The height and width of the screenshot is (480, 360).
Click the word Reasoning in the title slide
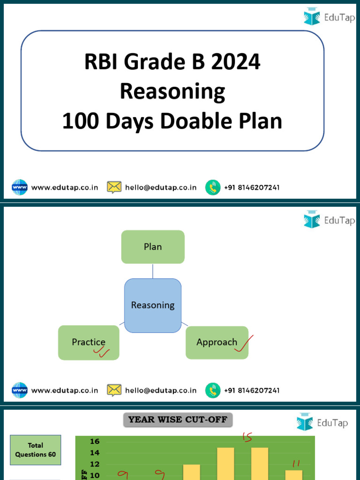[172, 91]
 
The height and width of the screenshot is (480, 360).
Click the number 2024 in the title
[235, 62]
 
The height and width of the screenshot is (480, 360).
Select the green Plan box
[153, 247]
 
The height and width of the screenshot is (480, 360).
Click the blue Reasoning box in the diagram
[153, 305]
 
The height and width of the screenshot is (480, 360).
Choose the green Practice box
[89, 342]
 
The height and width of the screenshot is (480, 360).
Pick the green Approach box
[217, 342]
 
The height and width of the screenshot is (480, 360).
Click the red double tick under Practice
[104, 352]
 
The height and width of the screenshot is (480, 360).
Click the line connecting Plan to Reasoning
[153, 271]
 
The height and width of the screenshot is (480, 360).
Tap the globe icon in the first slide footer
[20, 187]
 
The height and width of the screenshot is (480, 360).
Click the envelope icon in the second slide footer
[114, 390]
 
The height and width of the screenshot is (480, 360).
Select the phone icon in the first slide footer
[212, 187]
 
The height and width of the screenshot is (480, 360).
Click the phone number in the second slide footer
[252, 390]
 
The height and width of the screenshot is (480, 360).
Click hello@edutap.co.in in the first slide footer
[161, 187]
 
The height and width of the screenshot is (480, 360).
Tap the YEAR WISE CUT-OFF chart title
[178, 420]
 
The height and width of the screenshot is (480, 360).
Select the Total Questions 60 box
[36, 450]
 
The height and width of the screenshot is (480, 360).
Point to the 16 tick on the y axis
[94, 442]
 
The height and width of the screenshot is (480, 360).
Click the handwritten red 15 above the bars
[247, 437]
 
